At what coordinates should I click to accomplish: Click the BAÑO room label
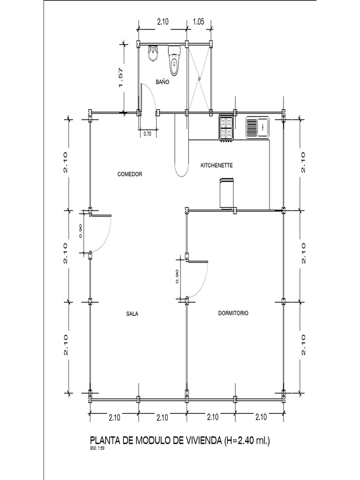(x=162, y=82)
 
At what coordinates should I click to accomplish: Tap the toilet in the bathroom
(x=174, y=61)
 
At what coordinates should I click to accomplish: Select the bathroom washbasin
(x=153, y=54)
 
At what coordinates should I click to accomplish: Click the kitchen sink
(x=257, y=127)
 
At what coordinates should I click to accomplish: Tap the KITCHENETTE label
(x=217, y=165)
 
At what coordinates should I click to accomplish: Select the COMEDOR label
(x=129, y=174)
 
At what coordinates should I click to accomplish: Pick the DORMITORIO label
(x=233, y=313)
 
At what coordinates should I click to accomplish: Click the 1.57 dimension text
(x=120, y=78)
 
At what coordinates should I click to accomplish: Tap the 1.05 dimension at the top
(x=199, y=21)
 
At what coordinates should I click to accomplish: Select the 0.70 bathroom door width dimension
(x=147, y=134)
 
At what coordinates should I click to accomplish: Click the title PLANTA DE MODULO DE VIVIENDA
(x=156, y=441)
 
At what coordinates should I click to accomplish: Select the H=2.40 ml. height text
(x=247, y=441)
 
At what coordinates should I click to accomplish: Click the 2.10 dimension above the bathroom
(x=163, y=21)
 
